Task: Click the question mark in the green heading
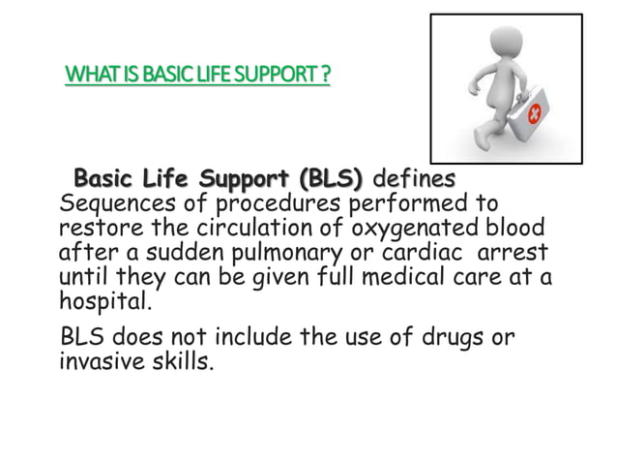pos(326,76)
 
